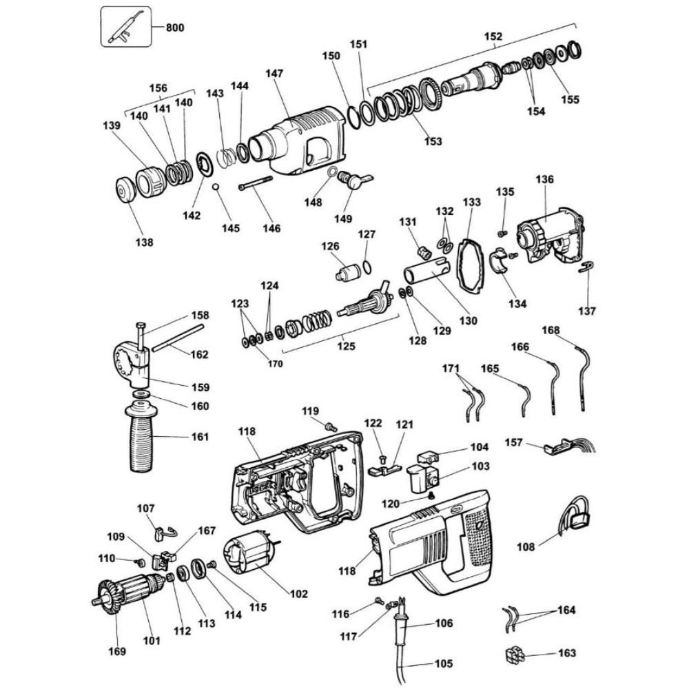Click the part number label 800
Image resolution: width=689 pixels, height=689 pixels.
pyautogui.click(x=174, y=28)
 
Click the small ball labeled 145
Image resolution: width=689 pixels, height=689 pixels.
pyautogui.click(x=216, y=188)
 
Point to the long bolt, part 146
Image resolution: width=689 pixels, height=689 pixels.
pyautogui.click(x=255, y=183)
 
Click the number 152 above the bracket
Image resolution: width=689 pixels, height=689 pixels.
pyautogui.click(x=493, y=37)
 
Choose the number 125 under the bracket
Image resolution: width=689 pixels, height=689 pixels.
pyautogui.click(x=347, y=347)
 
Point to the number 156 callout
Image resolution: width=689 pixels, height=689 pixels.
pyautogui.click(x=158, y=88)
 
